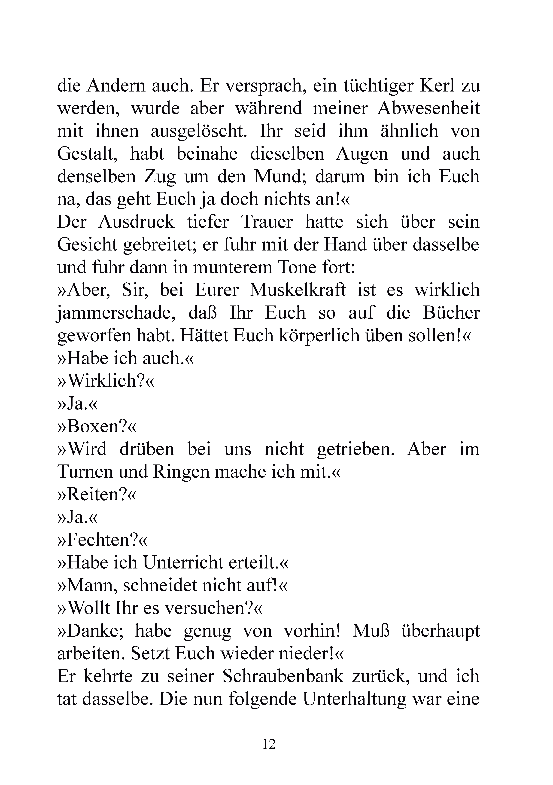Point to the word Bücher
click(451, 313)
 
